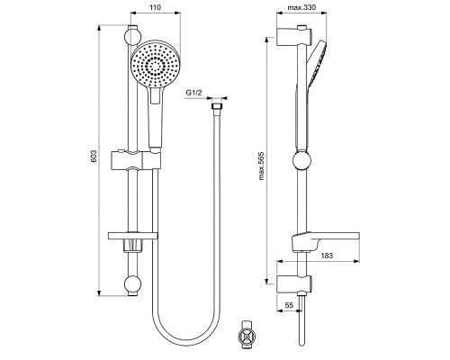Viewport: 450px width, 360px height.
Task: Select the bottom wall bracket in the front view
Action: click(x=132, y=286)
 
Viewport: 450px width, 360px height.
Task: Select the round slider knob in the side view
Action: click(x=301, y=163)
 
